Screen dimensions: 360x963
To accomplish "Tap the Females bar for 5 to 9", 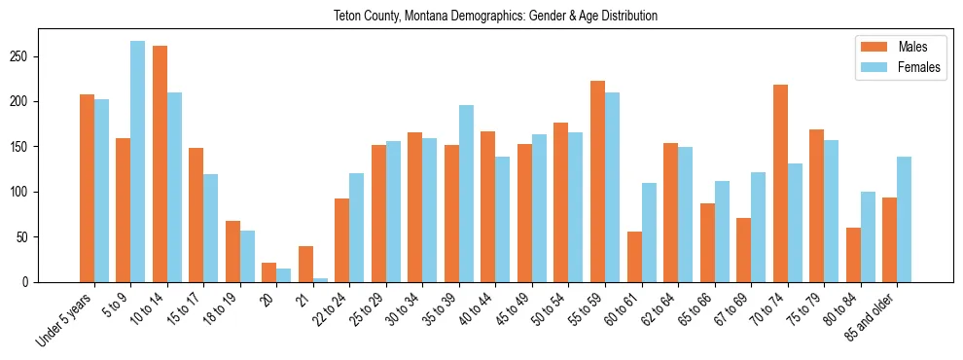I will pyautogui.click(x=138, y=162).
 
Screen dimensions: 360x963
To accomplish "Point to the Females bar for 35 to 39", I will pyautogui.click(x=466, y=194).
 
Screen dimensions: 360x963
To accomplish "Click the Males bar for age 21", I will pyautogui.click(x=305, y=264).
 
